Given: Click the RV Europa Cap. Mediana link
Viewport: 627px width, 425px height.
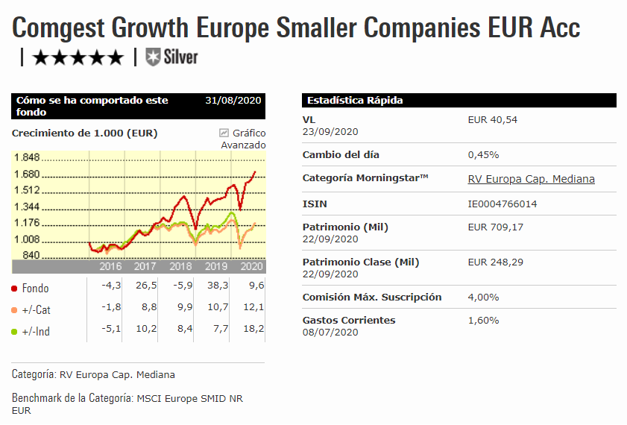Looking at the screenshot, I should (x=531, y=179).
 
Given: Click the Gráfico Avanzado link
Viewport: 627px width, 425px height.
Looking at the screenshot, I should (x=243, y=139).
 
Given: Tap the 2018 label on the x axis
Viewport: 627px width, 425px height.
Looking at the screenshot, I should (x=180, y=266).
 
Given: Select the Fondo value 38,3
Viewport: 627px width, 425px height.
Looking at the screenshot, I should (x=214, y=287).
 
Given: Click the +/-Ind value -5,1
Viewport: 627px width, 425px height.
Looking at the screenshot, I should (x=103, y=330).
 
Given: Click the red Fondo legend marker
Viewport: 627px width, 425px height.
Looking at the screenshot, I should (x=15, y=288).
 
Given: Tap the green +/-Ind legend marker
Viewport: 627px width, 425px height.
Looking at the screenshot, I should (x=15, y=331).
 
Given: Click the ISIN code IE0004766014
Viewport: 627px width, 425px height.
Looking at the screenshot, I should (x=502, y=204).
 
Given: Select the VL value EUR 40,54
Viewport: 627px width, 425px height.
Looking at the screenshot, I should (x=492, y=119).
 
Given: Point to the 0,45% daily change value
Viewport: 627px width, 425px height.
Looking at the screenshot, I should (x=483, y=155).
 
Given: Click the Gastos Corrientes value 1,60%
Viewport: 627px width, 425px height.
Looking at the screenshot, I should (x=483, y=320).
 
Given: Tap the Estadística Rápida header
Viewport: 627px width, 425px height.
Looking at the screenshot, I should (x=355, y=101).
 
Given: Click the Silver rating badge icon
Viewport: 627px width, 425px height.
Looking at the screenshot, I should (x=153, y=57).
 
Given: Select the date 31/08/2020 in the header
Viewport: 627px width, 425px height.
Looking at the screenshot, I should (x=233, y=101).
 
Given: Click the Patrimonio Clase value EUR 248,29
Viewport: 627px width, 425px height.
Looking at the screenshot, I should (x=495, y=262).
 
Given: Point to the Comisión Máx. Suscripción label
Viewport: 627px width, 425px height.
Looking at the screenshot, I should (x=372, y=297).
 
